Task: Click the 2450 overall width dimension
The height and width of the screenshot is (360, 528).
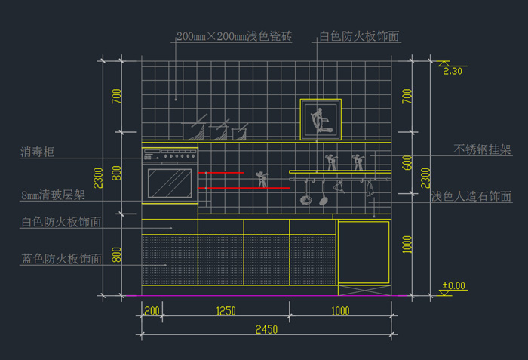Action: tap(265, 328)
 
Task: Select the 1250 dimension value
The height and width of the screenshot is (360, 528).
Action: tap(226, 311)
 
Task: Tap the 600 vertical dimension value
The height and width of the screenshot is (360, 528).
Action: tap(407, 162)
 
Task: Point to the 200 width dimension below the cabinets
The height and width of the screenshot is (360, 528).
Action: tap(151, 311)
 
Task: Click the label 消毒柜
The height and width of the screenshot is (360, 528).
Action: tap(38, 152)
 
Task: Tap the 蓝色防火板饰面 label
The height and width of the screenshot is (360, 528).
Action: tap(61, 259)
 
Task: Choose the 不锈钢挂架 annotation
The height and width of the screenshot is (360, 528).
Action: tap(483, 149)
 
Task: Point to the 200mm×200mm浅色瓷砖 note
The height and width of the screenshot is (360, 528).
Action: tap(234, 36)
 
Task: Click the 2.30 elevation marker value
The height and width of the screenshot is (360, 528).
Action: tap(453, 71)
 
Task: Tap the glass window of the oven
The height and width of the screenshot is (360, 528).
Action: tap(170, 183)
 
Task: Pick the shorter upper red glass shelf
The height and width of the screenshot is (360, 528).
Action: tap(221, 173)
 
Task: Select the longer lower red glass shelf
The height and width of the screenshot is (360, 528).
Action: tap(244, 187)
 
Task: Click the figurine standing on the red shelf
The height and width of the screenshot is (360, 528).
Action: tap(262, 179)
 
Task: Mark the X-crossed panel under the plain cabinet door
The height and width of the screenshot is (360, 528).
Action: tap(364, 288)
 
